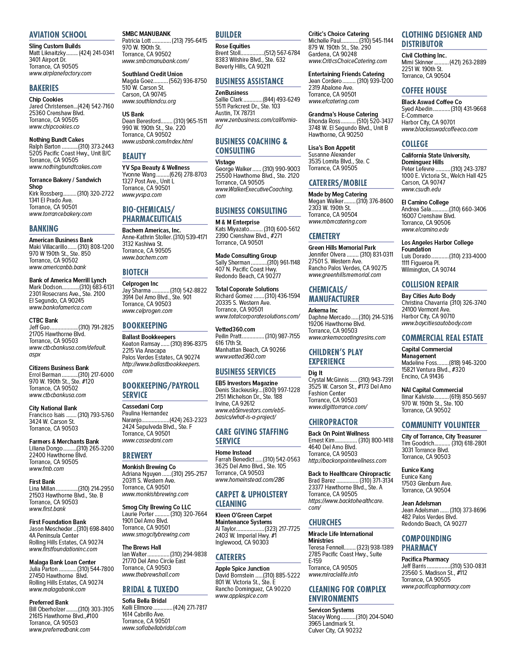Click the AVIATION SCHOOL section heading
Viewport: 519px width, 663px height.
[58, 35]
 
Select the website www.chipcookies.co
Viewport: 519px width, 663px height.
[54, 127]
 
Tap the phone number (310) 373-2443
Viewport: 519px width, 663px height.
[96, 146]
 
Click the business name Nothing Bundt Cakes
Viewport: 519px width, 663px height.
[56, 140]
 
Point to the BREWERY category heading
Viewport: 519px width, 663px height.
[137, 456]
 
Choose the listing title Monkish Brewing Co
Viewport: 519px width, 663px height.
[149, 467]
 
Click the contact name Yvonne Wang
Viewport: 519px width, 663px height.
[139, 174]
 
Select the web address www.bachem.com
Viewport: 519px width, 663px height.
[145, 257]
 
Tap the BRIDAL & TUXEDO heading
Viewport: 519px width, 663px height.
[151, 589]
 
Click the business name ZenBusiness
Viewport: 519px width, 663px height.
[232, 93]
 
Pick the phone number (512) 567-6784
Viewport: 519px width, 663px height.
[282, 53]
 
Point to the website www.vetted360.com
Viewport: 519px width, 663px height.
[241, 356]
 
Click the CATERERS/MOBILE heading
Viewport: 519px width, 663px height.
[338, 183]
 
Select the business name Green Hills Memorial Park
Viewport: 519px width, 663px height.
[342, 248]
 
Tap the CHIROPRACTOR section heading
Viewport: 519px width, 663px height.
[333, 422]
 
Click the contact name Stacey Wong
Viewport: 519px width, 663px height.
[324, 617]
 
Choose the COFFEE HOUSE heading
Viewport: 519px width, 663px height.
[424, 91]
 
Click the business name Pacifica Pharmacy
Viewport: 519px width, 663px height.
[425, 559]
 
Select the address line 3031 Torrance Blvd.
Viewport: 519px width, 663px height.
[426, 450]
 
